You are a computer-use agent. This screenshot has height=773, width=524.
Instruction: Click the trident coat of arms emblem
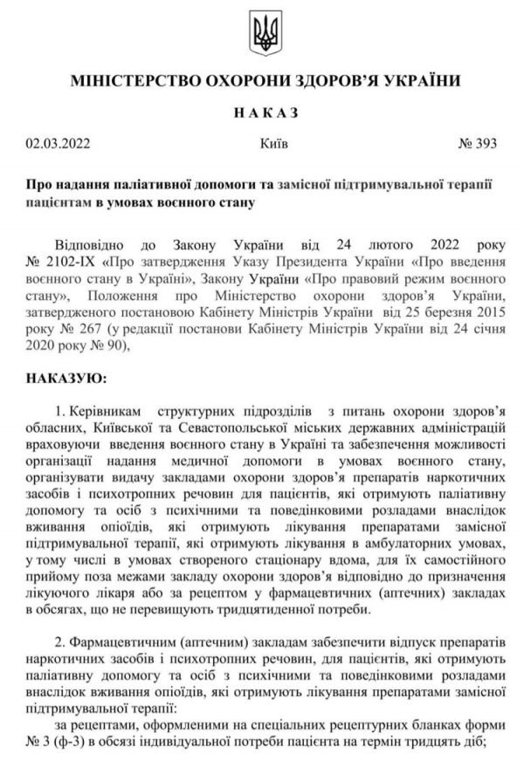point(261,34)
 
